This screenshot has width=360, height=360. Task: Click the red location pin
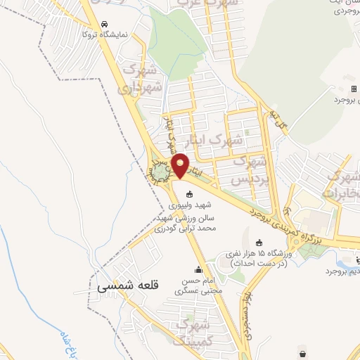[180, 165]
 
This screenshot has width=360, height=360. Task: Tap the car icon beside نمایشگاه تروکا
[105, 22]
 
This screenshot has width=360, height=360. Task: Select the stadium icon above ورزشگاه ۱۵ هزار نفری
[259, 242]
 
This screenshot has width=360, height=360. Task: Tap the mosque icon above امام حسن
[198, 269]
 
